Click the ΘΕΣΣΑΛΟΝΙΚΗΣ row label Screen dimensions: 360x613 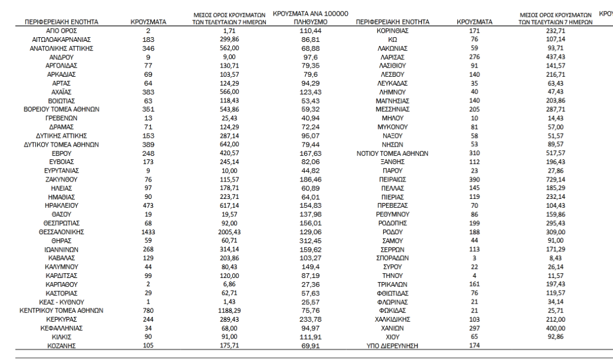pyautogui.click(x=62, y=231)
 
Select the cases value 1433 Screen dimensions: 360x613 pyautogui.click(x=148, y=231)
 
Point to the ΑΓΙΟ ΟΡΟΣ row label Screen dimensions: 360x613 pyautogui.click(x=62, y=30)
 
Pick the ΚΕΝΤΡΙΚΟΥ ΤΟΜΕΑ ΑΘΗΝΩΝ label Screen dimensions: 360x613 pyautogui.click(x=62, y=311)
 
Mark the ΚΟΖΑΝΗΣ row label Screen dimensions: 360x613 pyautogui.click(x=62, y=346)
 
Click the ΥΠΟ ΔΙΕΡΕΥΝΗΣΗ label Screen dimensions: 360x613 pyautogui.click(x=392, y=346)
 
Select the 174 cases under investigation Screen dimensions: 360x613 pyautogui.click(x=474, y=346)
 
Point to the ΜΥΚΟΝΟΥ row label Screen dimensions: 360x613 pyautogui.click(x=392, y=127)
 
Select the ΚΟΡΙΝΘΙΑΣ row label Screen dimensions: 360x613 pyautogui.click(x=392, y=30)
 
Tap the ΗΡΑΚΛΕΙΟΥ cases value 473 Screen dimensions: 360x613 pyautogui.click(x=148, y=205)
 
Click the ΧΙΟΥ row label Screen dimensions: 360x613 pyautogui.click(x=392, y=337)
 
